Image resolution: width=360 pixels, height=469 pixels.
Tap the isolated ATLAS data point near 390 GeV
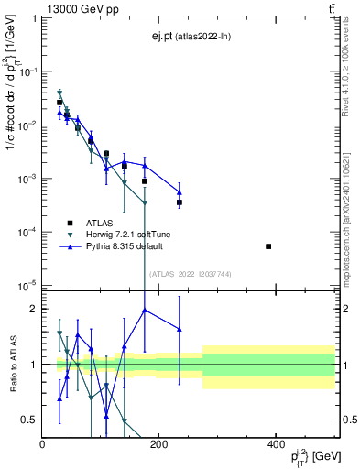[268, 246]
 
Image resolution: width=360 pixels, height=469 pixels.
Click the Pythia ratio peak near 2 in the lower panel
[145, 310]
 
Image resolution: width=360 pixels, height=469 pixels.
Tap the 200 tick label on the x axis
[158, 444]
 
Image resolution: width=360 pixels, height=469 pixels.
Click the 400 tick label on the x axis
[275, 444]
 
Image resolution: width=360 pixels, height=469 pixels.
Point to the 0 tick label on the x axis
[43, 444]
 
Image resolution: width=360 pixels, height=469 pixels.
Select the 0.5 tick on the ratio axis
[30, 420]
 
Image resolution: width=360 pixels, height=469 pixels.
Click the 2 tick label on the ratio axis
[34, 309]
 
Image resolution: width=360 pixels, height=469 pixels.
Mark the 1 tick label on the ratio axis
[34, 365]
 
